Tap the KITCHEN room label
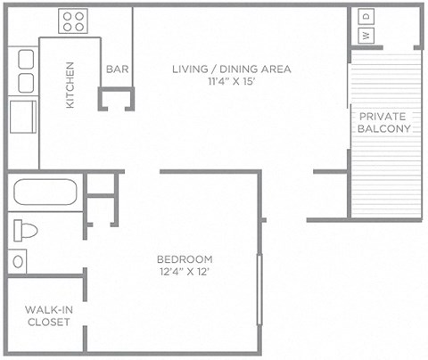tap(70, 86)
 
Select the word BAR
tap(116, 69)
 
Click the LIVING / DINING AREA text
tap(232, 69)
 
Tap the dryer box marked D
tap(366, 17)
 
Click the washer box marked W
tap(366, 36)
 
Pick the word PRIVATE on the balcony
tap(383, 116)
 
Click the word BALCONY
tap(383, 128)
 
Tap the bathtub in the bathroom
tap(45, 192)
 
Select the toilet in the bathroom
tap(27, 231)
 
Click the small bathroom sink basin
tap(18, 262)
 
